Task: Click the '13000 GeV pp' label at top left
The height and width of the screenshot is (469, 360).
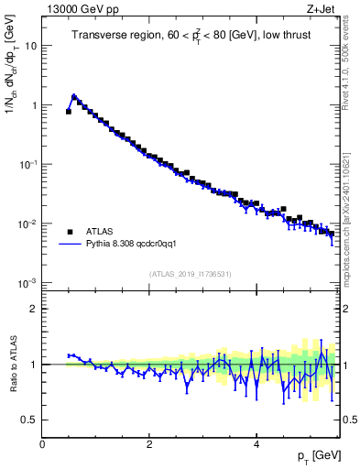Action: coord(75,10)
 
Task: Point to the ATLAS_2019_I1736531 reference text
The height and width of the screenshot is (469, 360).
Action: coord(189,274)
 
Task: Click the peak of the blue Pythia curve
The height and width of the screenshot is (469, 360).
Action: coord(74,95)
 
